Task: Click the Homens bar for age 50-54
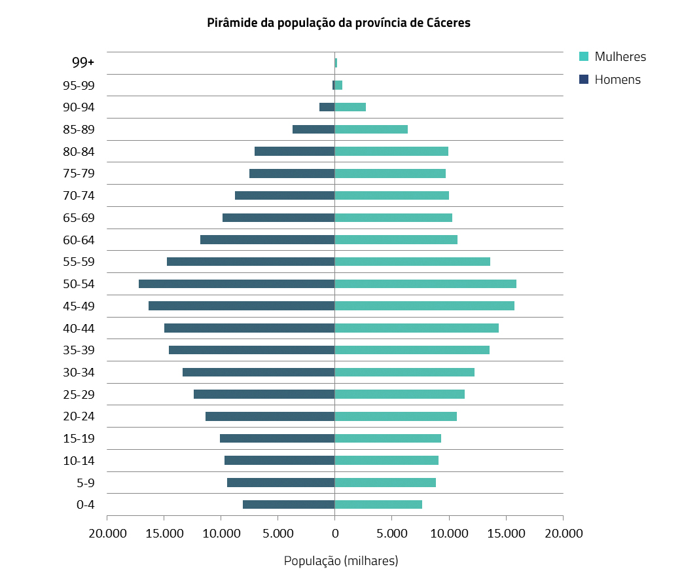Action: coord(236,284)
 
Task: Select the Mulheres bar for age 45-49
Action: coord(424,306)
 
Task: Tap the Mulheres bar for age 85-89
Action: coord(371,129)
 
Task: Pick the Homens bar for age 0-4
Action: coord(289,504)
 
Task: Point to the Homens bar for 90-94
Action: coord(327,107)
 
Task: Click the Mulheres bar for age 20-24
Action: coord(395,416)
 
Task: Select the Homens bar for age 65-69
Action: coord(278,217)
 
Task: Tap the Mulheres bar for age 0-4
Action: coord(378,504)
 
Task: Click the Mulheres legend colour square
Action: coord(584,56)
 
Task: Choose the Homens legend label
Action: coord(617,80)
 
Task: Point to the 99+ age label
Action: coord(83,62)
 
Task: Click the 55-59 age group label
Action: coord(79,262)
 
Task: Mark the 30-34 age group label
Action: coord(79,373)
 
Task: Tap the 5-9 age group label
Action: coord(85,483)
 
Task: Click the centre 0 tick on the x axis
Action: coord(334,533)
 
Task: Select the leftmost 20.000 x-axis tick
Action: coord(107,533)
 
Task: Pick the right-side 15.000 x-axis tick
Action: coord(506,533)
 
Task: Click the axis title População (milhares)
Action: coord(340,561)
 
